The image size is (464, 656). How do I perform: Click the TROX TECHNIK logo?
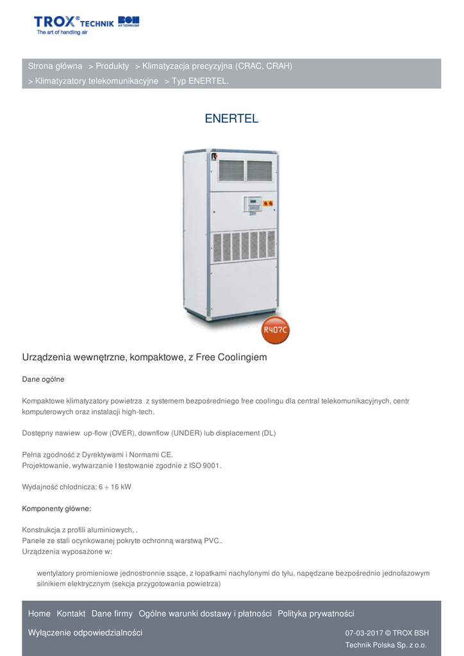click(86, 24)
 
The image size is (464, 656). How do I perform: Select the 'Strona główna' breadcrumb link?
click(55, 66)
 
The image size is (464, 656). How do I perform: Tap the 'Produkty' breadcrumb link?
click(112, 66)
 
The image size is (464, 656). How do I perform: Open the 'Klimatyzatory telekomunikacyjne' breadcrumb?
click(97, 81)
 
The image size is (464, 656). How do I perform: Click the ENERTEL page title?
click(231, 119)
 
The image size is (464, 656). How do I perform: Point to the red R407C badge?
click(276, 331)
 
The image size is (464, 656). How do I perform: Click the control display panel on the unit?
click(254, 204)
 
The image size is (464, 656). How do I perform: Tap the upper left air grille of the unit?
click(231, 170)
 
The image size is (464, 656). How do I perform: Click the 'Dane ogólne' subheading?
click(43, 379)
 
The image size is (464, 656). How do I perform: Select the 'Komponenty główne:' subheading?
click(56, 509)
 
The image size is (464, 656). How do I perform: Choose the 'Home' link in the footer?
click(39, 614)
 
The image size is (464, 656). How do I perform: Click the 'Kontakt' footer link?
click(70, 614)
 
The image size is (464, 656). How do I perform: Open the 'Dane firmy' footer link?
click(112, 614)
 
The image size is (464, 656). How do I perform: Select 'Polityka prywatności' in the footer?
click(315, 614)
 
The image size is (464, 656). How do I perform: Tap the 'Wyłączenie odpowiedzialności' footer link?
click(85, 633)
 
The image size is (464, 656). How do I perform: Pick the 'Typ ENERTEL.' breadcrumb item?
click(200, 81)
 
